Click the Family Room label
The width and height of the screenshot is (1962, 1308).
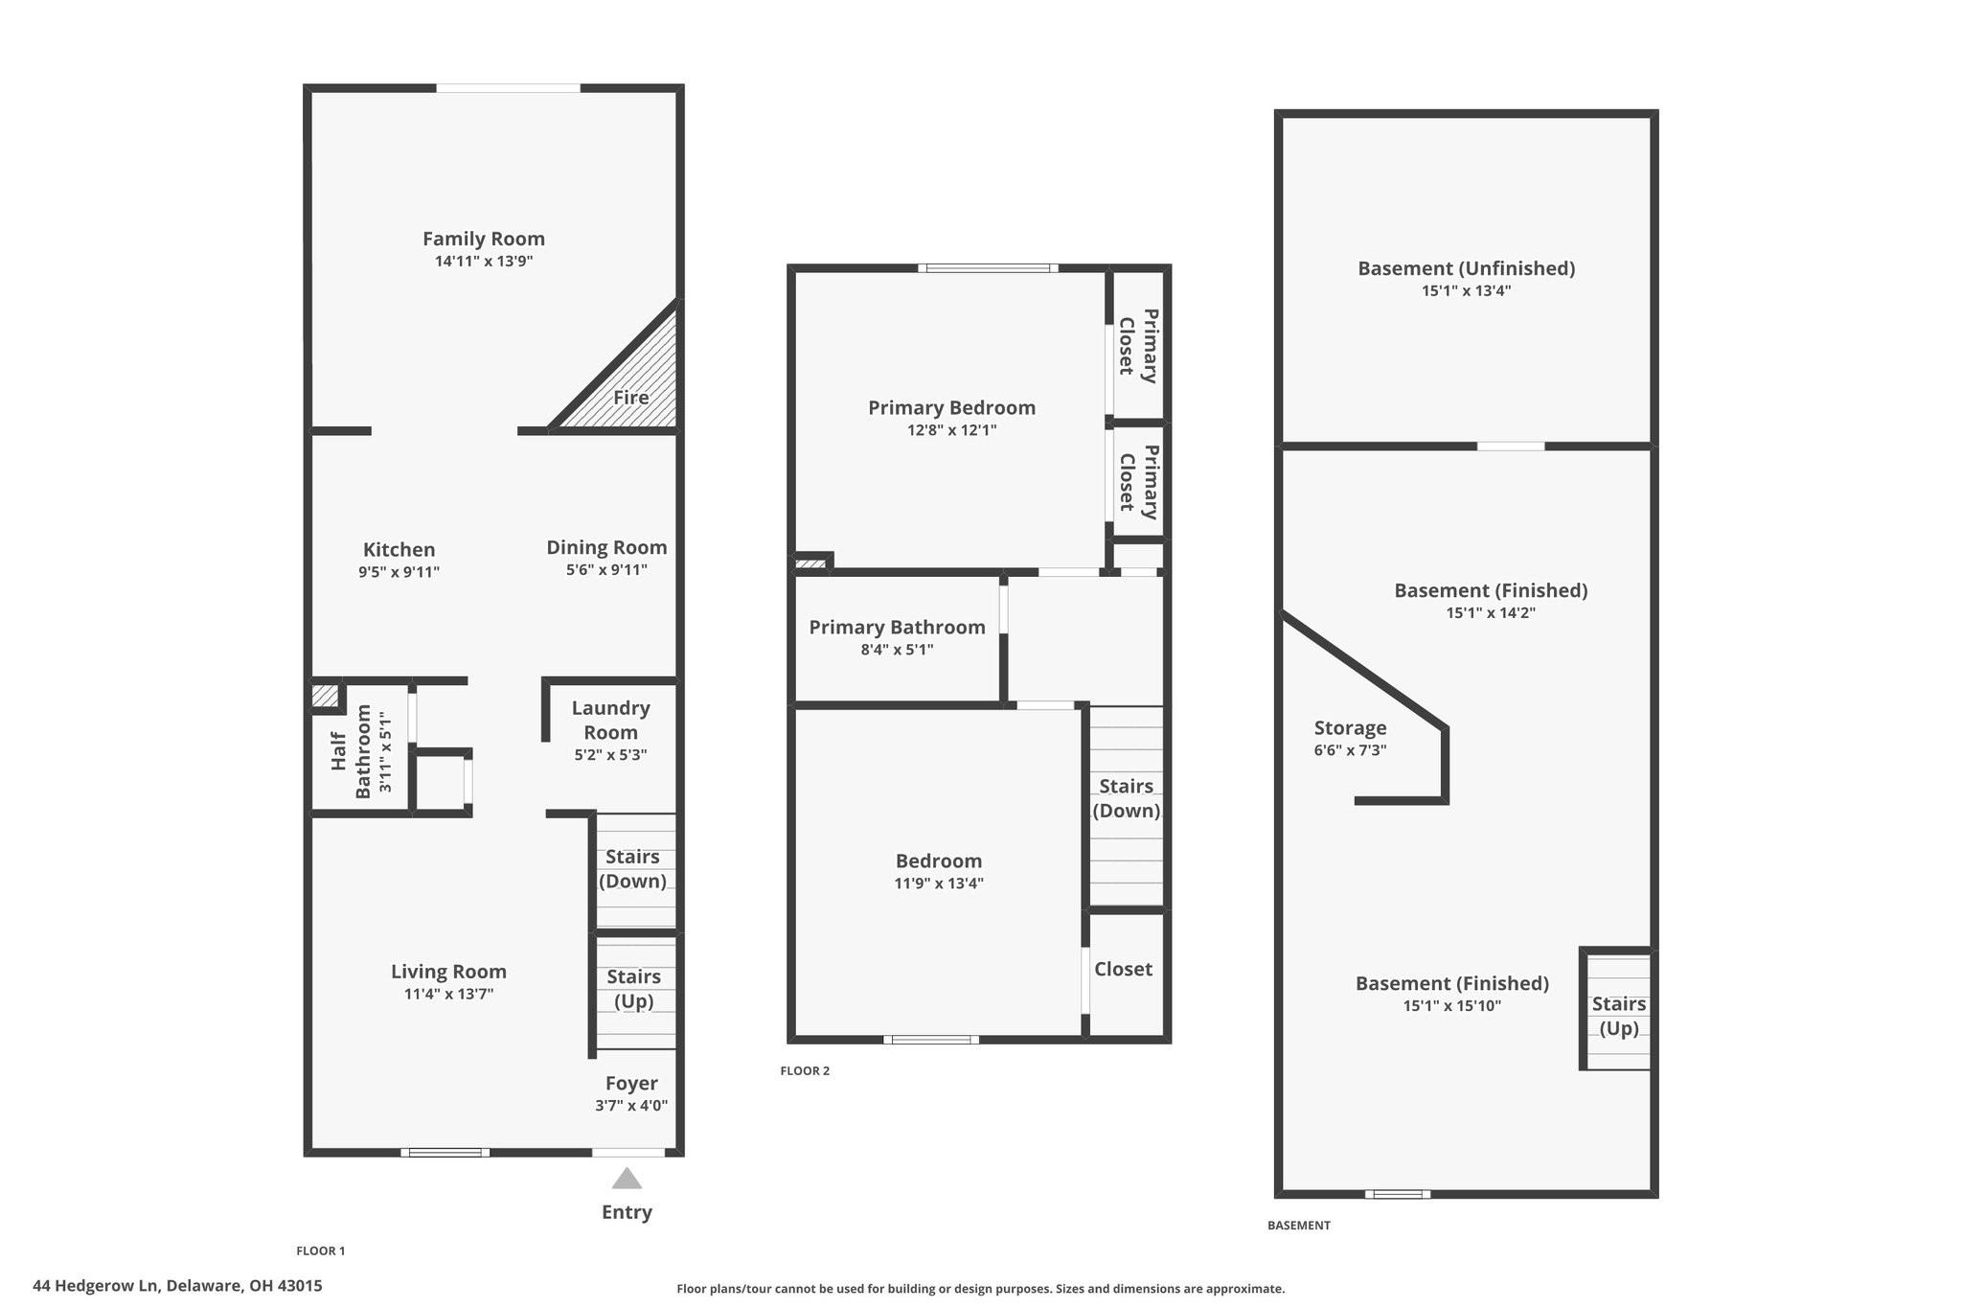(x=484, y=239)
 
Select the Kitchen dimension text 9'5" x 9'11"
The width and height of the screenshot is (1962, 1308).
(x=399, y=573)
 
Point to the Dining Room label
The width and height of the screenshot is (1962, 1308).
(x=606, y=547)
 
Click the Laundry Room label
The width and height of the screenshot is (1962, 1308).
(x=611, y=720)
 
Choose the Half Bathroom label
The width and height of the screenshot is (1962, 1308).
(x=351, y=751)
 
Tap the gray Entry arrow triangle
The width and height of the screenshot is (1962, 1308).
(x=627, y=1178)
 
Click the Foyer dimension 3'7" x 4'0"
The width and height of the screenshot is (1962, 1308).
(x=631, y=1106)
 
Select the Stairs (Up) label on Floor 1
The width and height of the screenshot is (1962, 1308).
(x=633, y=989)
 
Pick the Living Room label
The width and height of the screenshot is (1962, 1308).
(x=448, y=972)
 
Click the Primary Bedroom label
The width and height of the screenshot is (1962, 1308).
(x=952, y=408)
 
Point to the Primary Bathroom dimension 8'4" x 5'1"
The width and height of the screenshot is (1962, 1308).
(x=897, y=650)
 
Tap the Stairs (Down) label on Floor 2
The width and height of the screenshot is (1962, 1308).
(x=1127, y=798)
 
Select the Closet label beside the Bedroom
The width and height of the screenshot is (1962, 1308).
(x=1124, y=969)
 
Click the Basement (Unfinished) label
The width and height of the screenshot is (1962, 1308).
(x=1467, y=268)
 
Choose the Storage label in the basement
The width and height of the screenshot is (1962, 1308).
(x=1351, y=728)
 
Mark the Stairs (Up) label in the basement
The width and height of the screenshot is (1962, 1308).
(x=1619, y=1017)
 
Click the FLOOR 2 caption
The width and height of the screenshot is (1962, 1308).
(x=805, y=1070)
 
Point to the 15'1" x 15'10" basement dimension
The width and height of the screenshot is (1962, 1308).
(x=1452, y=1006)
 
